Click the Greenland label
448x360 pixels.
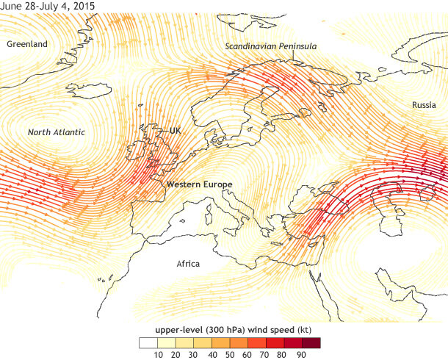click(27, 44)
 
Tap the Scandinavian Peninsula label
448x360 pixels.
click(271, 46)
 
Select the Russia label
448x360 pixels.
click(424, 105)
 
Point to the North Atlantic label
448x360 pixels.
click(57, 132)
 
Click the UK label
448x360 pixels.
click(175, 131)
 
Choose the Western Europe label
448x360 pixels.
click(199, 184)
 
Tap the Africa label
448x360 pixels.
click(189, 263)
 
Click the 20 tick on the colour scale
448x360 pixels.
click(176, 354)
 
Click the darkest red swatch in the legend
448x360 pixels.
click(312, 342)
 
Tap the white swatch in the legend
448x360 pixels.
click(148, 342)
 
